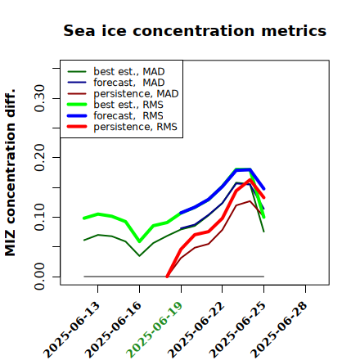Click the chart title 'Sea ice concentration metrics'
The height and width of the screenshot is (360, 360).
coord(195,30)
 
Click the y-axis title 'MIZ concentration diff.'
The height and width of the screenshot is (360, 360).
coord(10,173)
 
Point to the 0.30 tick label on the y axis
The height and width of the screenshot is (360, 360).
coord(39,98)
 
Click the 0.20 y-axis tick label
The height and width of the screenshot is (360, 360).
coord(39,158)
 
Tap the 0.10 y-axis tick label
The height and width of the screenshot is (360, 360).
coord(39,217)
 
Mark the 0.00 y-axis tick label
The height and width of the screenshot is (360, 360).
coord(39,277)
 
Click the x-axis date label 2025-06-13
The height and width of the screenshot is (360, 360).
coord(72,330)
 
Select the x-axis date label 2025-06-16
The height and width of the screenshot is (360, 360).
coord(114,330)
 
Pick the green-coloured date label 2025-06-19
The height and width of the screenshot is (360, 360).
coord(155,330)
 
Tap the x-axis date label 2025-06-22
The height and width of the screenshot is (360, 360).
coord(196,330)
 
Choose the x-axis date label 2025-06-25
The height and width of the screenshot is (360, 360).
coord(238,330)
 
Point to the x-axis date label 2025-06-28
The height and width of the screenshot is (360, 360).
coord(280,330)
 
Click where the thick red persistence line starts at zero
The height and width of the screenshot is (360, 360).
coord(167,277)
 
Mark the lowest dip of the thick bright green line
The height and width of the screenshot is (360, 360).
coord(139,241)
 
